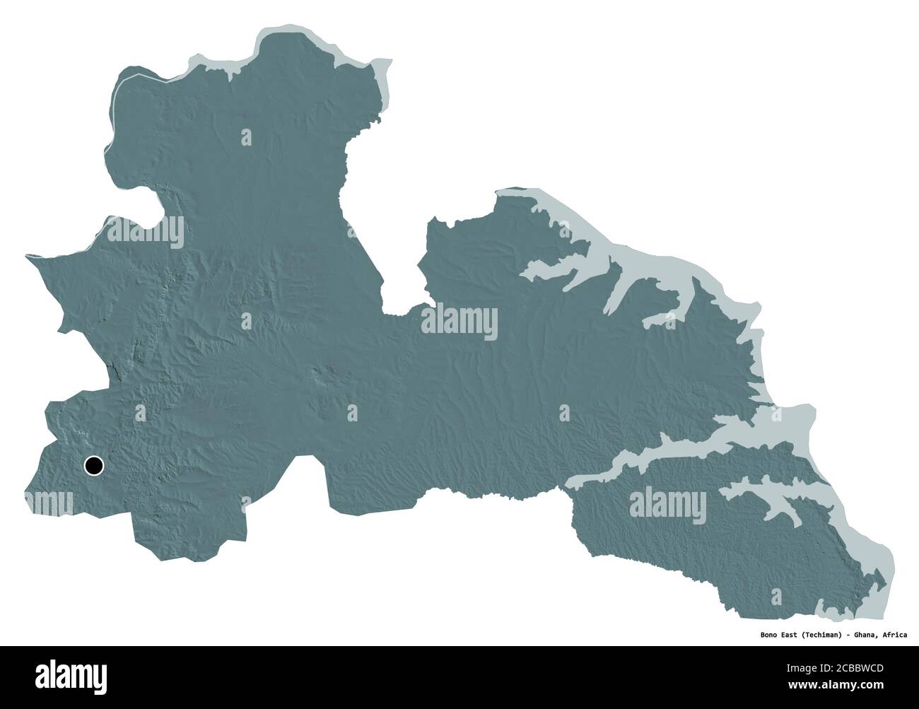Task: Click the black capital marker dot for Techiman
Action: point(93,465)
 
